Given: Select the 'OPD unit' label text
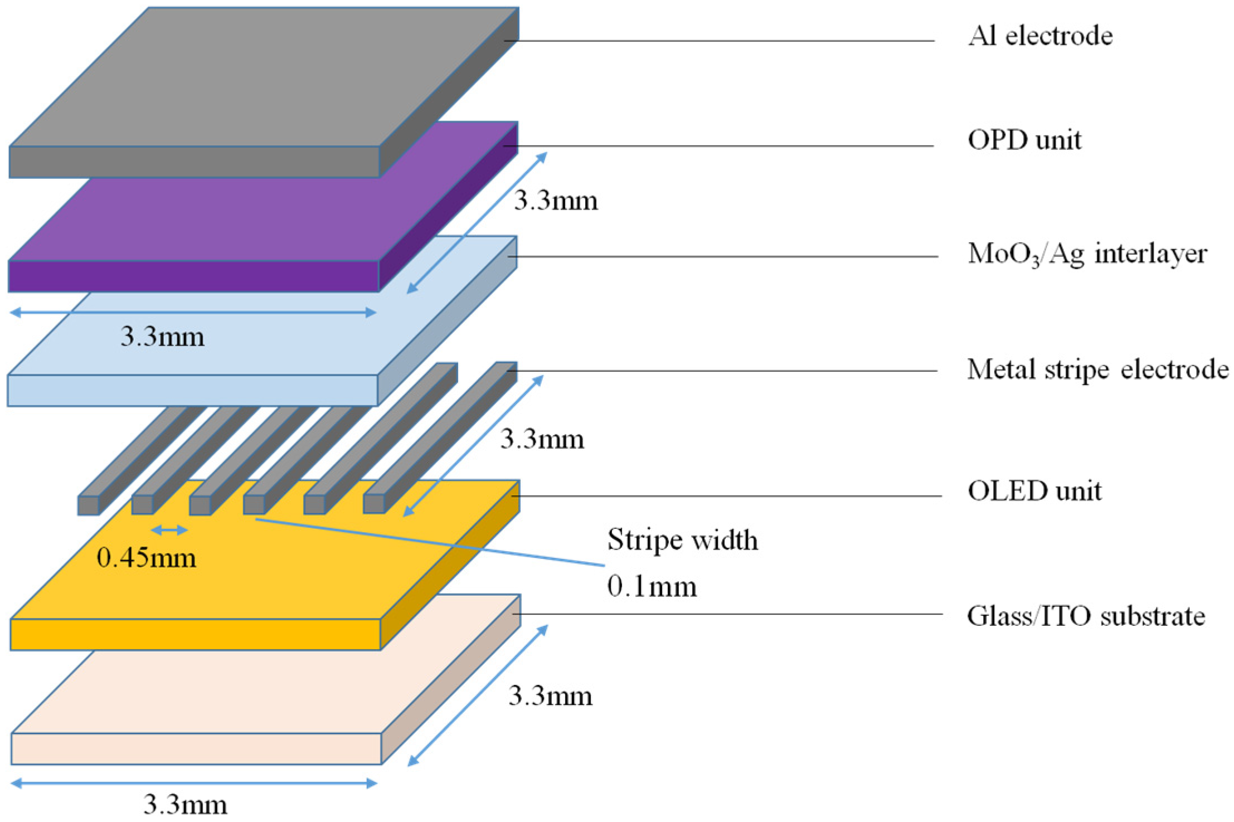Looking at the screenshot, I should click(1024, 140).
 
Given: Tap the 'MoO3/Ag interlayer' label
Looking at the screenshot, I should click(1087, 255).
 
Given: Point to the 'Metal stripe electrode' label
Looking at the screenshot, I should click(1097, 369).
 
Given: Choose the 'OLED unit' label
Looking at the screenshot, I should click(1034, 491).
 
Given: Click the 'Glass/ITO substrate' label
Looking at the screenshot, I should click(1086, 616).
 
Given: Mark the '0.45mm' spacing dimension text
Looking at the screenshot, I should click(147, 558).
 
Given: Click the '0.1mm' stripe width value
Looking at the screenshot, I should click(652, 586).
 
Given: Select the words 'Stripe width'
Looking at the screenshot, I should click(682, 539).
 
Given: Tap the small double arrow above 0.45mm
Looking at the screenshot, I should click(169, 530).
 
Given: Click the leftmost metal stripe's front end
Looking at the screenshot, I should click(88, 505).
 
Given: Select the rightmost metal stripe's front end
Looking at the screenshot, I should click(374, 504).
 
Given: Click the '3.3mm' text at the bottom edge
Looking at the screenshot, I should click(186, 805).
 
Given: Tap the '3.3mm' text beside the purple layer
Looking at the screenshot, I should click(556, 201).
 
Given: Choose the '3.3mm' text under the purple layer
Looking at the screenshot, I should click(163, 337).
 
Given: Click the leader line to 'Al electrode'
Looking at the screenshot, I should click(719, 41).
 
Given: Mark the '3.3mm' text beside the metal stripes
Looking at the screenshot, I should click(542, 439).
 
